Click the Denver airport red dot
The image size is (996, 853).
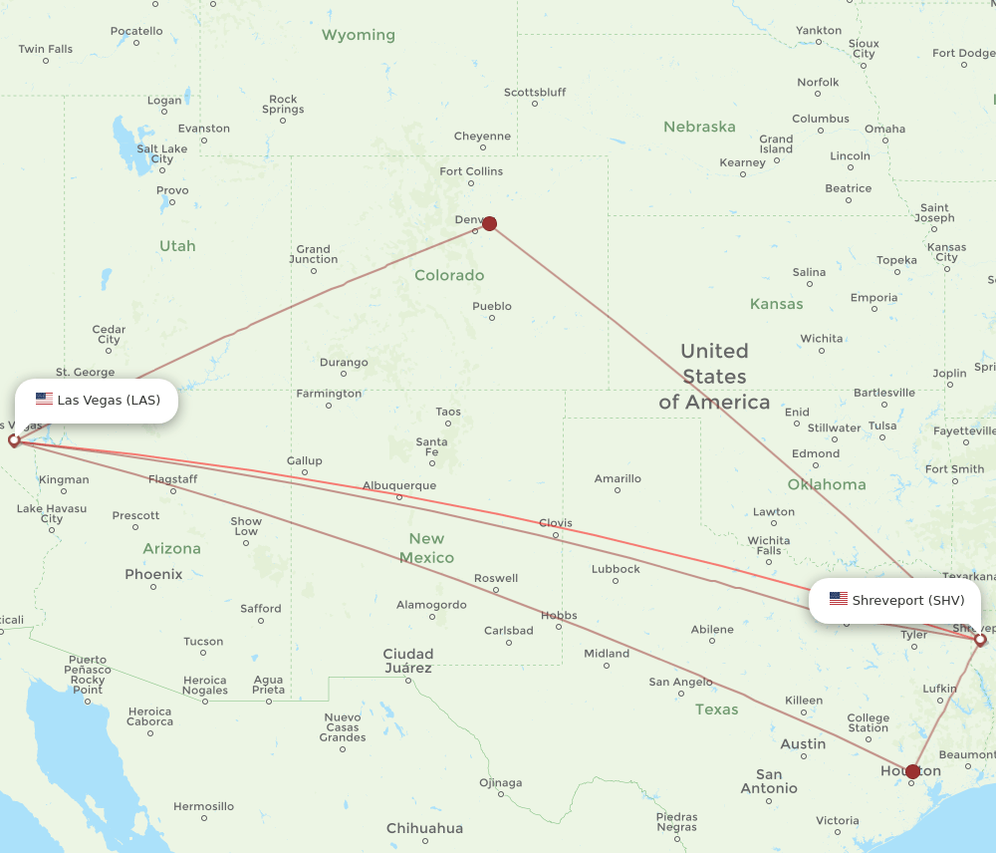coord(489,223)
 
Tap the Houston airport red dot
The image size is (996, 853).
coord(912,771)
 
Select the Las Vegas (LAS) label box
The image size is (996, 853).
coord(97,401)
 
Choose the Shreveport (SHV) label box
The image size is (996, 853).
coord(894,600)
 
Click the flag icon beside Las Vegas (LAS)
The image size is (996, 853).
coord(44,400)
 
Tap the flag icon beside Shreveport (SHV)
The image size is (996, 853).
coord(839,599)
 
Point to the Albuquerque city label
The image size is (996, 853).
coord(399,486)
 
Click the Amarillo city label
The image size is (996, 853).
coord(618,479)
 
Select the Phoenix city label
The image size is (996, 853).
coord(153,574)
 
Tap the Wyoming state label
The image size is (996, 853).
coord(358,35)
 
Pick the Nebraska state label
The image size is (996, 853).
coord(699,127)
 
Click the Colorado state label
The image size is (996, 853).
coord(449,275)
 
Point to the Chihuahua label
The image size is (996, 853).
coord(425,828)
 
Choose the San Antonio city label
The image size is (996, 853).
coord(769,781)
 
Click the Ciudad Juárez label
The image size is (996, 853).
coord(408,661)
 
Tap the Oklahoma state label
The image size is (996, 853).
coord(827,484)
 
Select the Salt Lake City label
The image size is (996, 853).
coord(161,154)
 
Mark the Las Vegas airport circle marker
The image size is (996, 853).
coord(14,439)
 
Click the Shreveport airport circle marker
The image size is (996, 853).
coord(980,640)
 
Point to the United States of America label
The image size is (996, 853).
coord(714,377)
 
